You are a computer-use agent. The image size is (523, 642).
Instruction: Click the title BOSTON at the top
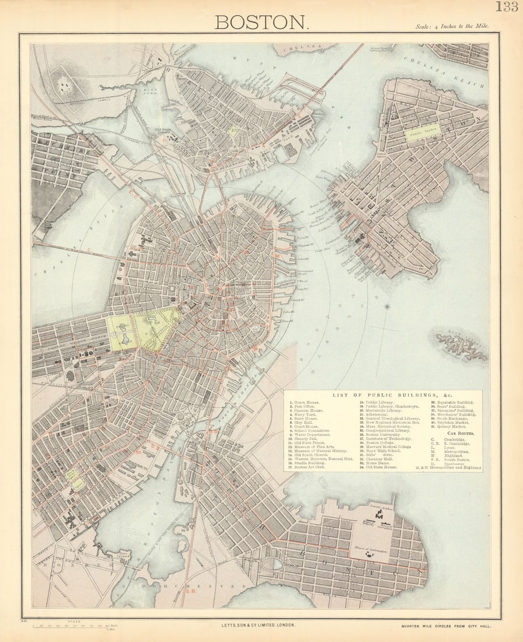260,22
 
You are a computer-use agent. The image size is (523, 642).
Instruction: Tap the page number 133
507,6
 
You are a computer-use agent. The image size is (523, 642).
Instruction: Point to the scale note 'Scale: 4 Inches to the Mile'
452,26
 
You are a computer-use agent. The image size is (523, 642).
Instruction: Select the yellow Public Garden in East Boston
423,133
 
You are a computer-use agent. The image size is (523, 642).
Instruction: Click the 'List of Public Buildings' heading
383,395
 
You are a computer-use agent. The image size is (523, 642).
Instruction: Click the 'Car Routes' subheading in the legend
459,434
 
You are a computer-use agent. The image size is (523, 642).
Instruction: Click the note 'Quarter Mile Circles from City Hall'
446,626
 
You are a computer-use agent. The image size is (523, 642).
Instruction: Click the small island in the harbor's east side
461,345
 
